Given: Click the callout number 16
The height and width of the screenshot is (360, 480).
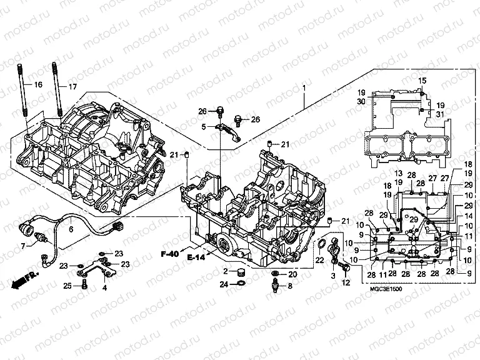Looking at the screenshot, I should click(38, 84).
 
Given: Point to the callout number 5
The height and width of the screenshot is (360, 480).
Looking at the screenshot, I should click(204, 127).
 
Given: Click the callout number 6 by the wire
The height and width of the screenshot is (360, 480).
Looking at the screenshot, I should click(71, 229).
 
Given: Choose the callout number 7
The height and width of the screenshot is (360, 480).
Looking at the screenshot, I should click(24, 246).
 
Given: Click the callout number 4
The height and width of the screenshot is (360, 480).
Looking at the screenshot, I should click(105, 288).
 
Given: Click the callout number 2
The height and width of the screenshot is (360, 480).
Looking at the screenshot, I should click(224, 271).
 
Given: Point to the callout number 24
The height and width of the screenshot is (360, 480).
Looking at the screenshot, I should click(224, 285).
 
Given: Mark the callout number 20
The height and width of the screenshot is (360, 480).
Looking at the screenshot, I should click(292, 275).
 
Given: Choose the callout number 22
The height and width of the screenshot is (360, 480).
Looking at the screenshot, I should click(319, 260).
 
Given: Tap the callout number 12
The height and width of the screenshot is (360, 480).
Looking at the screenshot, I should click(346, 284).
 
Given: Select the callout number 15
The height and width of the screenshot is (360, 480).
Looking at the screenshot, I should click(422, 80).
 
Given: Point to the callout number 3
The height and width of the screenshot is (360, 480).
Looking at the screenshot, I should click(333, 275).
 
